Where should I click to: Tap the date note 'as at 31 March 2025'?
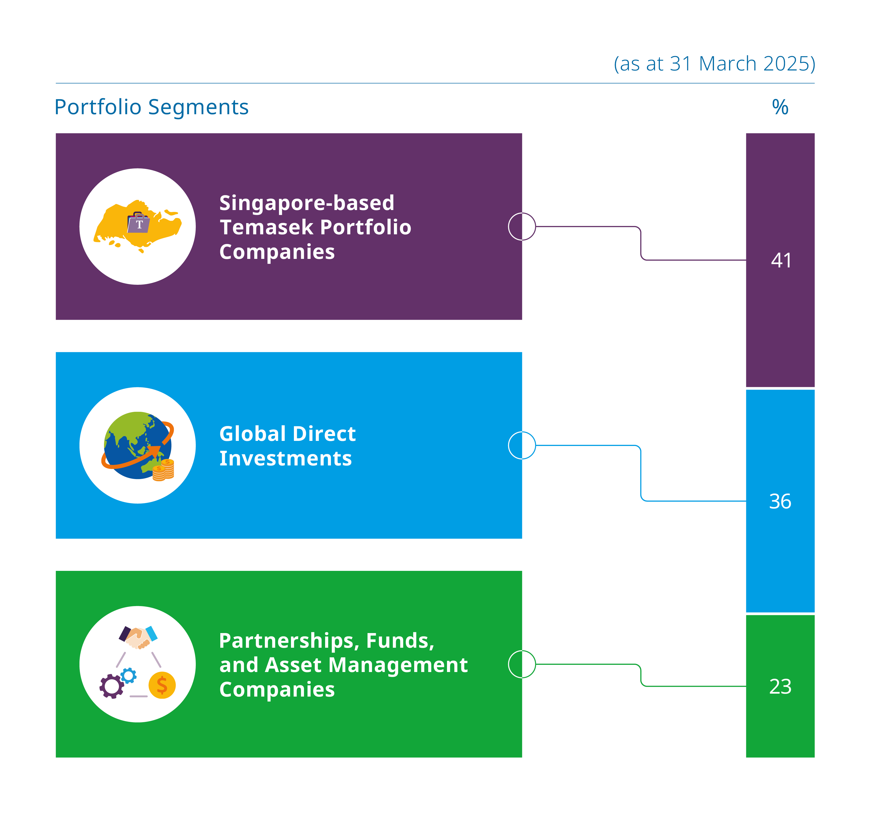coord(715,64)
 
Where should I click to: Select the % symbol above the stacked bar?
coord(780,107)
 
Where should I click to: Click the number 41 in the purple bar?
coord(781,260)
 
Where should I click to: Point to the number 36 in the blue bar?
coord(780,501)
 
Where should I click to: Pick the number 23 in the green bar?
coord(780,687)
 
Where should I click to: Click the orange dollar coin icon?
coord(162,685)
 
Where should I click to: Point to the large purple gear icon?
coord(111,686)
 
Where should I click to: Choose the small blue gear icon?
coord(128,676)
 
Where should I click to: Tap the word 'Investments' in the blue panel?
coord(285,459)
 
